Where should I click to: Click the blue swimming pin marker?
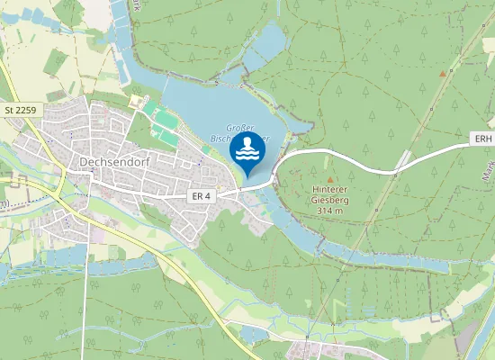pyautogui.click(x=247, y=152)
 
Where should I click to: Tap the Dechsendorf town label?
pyautogui.click(x=113, y=163)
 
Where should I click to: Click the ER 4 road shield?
pyautogui.click(x=201, y=195)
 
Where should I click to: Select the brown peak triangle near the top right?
pyautogui.click(x=442, y=73)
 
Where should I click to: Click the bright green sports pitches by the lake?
pyautogui.click(x=165, y=127)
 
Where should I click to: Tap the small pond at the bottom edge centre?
pyautogui.click(x=253, y=335)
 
